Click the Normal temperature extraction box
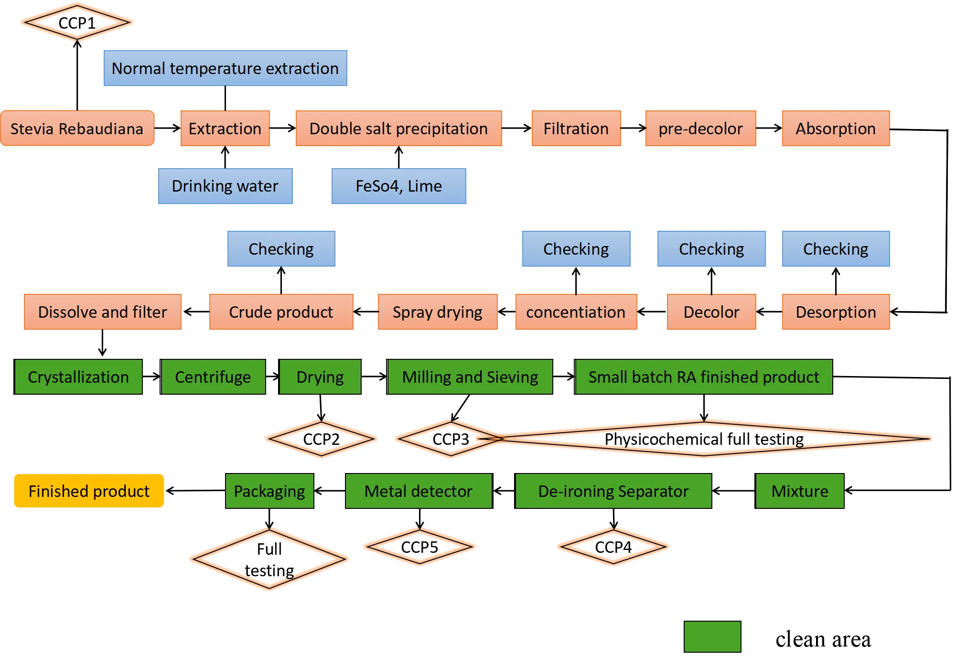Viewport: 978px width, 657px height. pos(225,68)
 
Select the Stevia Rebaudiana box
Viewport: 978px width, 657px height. pos(77,129)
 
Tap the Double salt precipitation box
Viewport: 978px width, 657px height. pos(398,129)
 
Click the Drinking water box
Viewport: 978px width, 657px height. pos(225,186)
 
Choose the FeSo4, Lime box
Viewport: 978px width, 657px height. pos(398,186)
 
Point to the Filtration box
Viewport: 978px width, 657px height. pos(576,129)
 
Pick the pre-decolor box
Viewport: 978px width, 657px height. pos(700,129)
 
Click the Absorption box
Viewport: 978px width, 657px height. pos(835,129)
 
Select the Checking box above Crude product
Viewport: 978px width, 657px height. pos(281,249)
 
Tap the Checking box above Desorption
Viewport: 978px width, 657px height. pos(835,249)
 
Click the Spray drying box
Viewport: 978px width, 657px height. pos(437,312)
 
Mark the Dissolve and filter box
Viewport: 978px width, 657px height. pos(103,312)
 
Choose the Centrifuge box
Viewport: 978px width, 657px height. pos(213,377)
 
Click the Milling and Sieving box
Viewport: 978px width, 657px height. pos(470,377)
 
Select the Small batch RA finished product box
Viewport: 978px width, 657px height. pos(704,377)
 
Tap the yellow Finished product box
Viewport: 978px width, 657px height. pos(89,491)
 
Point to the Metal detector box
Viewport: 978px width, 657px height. pos(418,491)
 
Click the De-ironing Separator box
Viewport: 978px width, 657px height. pos(613,491)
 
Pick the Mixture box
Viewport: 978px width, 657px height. pos(800,491)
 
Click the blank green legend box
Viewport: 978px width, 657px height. pos(712,636)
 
